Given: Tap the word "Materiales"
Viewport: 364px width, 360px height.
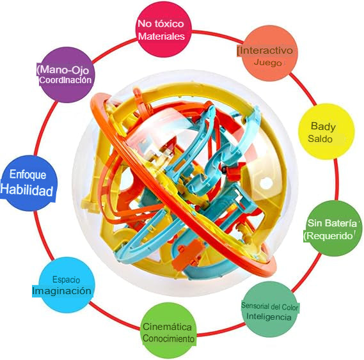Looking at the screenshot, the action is [161, 36].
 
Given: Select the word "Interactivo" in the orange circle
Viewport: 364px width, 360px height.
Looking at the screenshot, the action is [266, 51].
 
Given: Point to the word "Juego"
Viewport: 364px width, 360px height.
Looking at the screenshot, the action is [267, 62].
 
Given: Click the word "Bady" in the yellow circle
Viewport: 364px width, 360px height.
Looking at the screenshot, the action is [323, 127].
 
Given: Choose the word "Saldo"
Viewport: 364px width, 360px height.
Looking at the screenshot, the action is [320, 139].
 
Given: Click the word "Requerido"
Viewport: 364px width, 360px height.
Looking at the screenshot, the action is [329, 236].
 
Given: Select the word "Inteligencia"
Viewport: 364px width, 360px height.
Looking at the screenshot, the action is [269, 317].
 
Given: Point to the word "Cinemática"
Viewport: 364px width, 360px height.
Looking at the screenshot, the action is [167, 327].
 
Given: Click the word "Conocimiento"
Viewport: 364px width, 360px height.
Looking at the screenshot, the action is [168, 338].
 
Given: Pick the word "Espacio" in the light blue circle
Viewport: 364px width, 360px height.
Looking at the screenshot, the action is [66, 279].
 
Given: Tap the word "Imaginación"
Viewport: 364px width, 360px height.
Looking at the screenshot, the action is [61, 290].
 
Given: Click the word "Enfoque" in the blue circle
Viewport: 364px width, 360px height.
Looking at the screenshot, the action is [28, 175].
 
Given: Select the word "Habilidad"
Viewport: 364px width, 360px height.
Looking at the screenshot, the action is [27, 190].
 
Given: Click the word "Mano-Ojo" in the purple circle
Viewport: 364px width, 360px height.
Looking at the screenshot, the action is [65, 69].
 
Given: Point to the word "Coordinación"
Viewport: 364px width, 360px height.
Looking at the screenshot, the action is [65, 80].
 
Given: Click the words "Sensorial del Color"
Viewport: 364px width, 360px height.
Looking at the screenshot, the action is [269, 306].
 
